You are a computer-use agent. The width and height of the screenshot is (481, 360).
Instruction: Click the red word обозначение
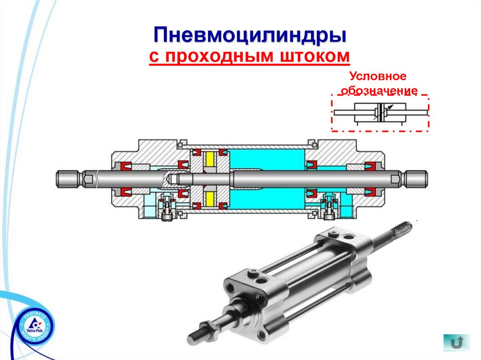(x=379, y=91)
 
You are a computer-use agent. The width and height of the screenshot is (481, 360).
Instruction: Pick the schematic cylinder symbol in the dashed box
(x=380, y=113)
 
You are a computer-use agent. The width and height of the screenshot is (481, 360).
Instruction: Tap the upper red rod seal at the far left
(x=124, y=166)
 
